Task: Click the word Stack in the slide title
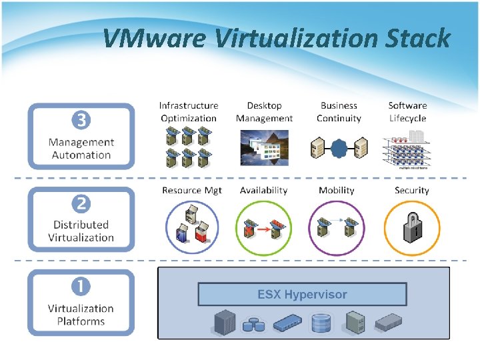point(418,39)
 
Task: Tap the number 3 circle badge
point(81,121)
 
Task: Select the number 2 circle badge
point(81,203)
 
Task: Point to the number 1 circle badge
point(81,287)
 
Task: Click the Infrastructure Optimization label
point(189,112)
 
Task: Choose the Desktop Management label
point(264,112)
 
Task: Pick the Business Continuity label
point(339,112)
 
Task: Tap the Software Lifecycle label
point(407,112)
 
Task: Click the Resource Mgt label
point(192,191)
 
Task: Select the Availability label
point(264,191)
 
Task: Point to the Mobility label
point(337,191)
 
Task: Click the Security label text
point(411,191)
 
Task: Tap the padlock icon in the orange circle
point(411,229)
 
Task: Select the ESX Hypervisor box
point(302,294)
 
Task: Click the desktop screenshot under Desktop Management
point(264,147)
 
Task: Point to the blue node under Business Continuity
point(339,146)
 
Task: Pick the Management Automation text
point(81,149)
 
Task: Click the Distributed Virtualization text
point(81,231)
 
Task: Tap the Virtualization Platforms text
point(81,315)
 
